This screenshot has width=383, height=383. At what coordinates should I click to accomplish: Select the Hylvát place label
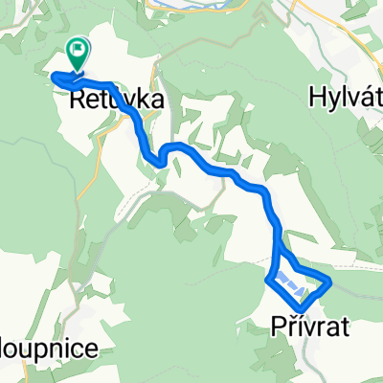346,96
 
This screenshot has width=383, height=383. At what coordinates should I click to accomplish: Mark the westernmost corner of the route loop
266,279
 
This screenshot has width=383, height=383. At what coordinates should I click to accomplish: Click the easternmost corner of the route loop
330,281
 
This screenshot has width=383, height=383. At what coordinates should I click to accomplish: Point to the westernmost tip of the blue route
52,76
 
